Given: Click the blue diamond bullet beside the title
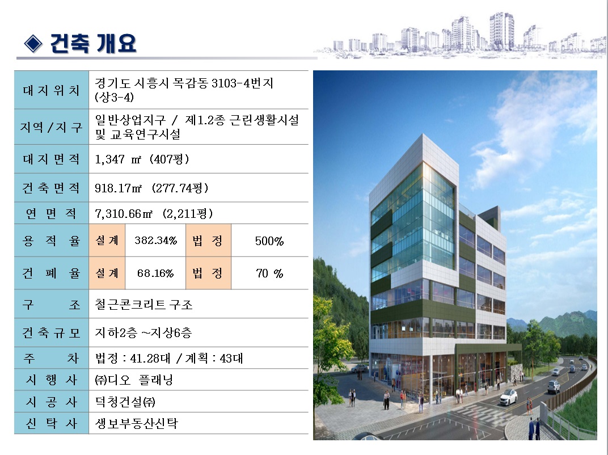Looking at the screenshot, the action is [x=33, y=43].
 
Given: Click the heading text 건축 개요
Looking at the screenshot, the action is [x=93, y=43].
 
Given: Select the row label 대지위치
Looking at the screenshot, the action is [x=51, y=90].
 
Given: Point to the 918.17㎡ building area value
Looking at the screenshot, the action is [x=151, y=188].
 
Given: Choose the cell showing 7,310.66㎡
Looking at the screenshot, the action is [x=154, y=213].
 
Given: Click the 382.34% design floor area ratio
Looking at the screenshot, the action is [x=155, y=241].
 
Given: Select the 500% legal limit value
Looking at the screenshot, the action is [x=269, y=241].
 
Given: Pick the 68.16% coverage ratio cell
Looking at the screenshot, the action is [x=155, y=273].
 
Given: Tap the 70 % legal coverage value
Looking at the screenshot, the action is [x=269, y=273].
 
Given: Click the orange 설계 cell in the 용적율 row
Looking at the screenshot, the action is [x=107, y=241].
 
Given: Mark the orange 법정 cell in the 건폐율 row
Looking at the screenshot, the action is [x=208, y=273].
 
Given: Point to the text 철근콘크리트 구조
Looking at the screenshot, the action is [x=143, y=305].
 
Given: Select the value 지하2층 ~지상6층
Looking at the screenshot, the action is [x=143, y=332].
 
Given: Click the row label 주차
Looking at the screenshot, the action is [x=51, y=358].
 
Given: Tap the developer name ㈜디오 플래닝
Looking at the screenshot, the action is [x=134, y=380].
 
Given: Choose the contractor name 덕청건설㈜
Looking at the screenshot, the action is [x=125, y=402].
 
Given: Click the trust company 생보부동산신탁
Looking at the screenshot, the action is [x=136, y=423].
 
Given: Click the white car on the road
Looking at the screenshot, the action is [x=508, y=397].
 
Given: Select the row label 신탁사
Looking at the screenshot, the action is [x=51, y=423].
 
